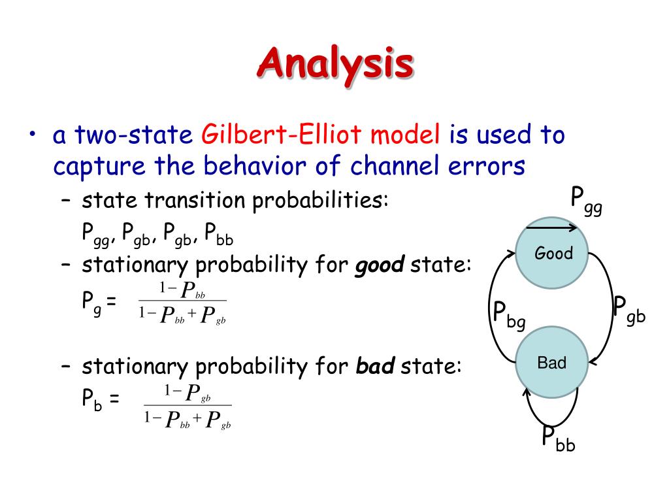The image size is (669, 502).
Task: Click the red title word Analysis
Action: point(335,65)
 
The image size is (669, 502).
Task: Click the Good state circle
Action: point(552,253)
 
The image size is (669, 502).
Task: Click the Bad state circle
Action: point(552,362)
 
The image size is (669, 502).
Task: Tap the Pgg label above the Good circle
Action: point(587,201)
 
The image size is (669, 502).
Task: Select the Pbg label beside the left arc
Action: point(508,316)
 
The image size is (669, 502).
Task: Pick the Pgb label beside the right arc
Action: point(629,310)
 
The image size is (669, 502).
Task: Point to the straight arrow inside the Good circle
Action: point(551,228)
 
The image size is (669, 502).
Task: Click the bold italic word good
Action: point(380,265)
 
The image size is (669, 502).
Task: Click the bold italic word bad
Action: point(375,366)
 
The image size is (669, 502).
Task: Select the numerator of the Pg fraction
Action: point(182,290)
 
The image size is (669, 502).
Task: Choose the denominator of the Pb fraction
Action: point(188,419)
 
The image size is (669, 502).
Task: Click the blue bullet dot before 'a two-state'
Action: point(33,134)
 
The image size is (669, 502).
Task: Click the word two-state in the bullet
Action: point(134,135)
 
